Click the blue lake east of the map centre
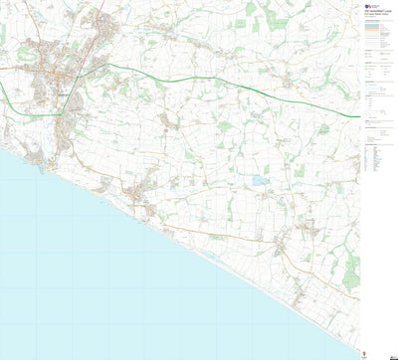coord(260,181)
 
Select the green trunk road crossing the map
coord(199,79)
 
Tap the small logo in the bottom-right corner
coord(373,353)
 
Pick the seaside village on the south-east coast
coord(283,245)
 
